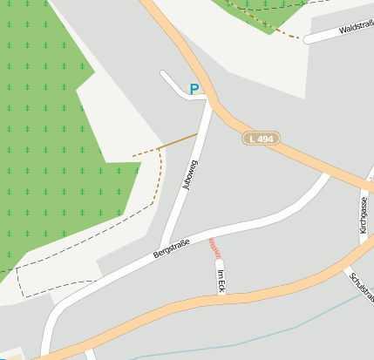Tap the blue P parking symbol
click(x=194, y=88)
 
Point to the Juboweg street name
click(x=191, y=174)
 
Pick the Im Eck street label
click(x=221, y=280)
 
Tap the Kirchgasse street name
click(x=364, y=214)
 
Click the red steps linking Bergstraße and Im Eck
click(x=213, y=248)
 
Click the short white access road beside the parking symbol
click(x=174, y=85)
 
